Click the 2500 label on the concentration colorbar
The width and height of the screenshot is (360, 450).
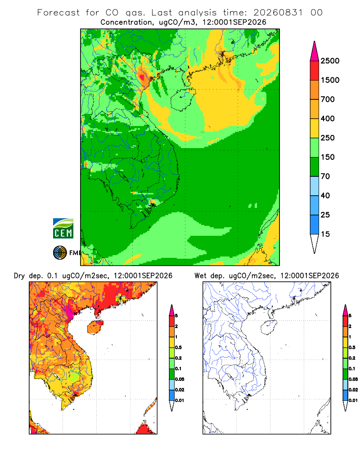point(330,61)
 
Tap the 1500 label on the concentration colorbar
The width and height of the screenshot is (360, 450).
point(330,80)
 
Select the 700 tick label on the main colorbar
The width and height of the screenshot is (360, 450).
point(328,99)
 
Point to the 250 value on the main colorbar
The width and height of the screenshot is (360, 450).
point(328,138)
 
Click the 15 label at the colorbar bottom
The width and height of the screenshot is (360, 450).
point(325,234)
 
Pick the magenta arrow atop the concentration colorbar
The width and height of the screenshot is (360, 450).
point(315,51)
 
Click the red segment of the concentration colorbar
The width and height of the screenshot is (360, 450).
point(315,71)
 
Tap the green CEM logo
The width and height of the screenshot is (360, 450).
point(63,229)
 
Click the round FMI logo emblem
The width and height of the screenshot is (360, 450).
point(60,253)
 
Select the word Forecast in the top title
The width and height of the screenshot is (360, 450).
point(58,13)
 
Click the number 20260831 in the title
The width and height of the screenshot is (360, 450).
point(278,13)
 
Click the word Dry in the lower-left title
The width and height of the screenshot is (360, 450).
point(19,276)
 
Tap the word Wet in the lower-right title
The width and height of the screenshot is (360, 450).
point(200,276)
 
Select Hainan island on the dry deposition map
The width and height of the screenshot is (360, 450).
point(95,328)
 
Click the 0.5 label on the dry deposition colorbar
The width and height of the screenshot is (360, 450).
point(178,347)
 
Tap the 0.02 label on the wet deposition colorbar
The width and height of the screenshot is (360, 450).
point(353,390)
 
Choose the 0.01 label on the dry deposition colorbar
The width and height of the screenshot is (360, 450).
point(180,400)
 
